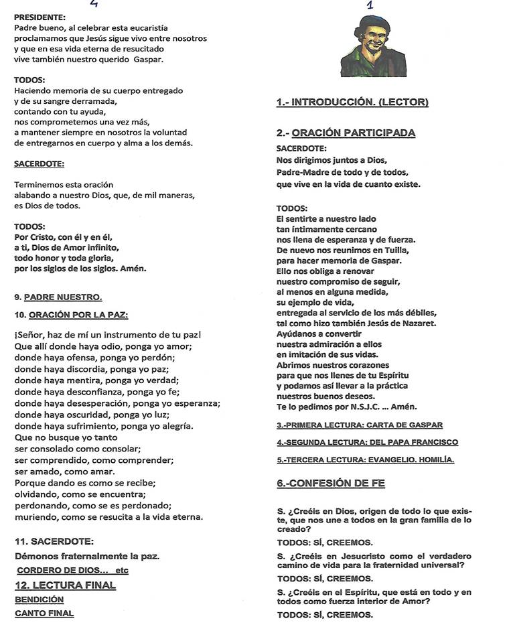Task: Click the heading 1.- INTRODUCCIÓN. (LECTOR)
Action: tap(352, 102)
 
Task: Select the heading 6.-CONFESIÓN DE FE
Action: tap(331, 483)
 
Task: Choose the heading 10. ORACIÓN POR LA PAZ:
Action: tap(71, 314)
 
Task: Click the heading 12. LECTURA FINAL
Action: tap(65, 585)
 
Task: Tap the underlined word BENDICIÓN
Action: tap(39, 599)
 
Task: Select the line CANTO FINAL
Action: tap(44, 613)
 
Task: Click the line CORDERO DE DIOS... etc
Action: tap(72, 570)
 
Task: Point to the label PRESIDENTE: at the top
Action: tap(40, 16)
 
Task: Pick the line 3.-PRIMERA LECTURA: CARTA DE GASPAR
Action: tap(360, 425)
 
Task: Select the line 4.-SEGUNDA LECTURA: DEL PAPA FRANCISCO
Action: tap(367, 442)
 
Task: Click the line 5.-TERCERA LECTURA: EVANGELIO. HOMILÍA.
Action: tap(365, 459)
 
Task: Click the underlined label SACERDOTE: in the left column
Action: tap(39, 163)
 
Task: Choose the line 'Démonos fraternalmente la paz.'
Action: tap(86, 556)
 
